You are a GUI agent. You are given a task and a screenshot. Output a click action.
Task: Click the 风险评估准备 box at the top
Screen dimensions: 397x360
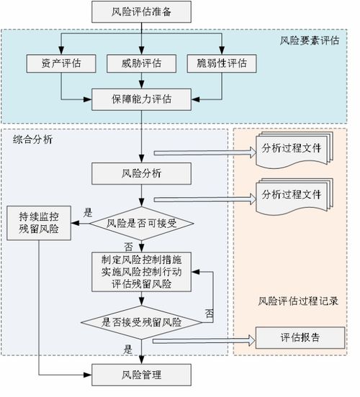pyautogui.click(x=142, y=12)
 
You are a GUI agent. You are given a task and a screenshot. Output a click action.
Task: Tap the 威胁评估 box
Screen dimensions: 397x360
pyautogui.click(x=142, y=63)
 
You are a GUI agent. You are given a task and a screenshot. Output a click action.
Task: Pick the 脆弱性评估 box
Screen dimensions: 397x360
pyautogui.click(x=222, y=63)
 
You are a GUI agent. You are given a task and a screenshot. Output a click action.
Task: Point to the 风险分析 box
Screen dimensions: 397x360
pyautogui.click(x=142, y=172)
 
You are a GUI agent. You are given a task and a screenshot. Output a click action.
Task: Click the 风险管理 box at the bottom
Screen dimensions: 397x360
pyautogui.click(x=142, y=375)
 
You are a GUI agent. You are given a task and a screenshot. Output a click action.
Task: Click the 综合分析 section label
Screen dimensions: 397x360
pyautogui.click(x=32, y=140)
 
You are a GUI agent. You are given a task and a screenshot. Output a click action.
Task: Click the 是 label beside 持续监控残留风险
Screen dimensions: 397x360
pyautogui.click(x=89, y=213)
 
